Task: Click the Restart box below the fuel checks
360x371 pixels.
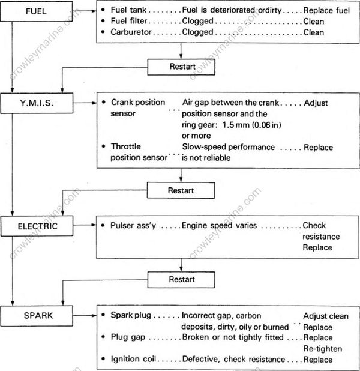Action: click(182, 66)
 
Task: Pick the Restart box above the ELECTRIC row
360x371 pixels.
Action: click(182, 190)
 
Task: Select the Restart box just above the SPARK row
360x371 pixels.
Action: click(182, 279)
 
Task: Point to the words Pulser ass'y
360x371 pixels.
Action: click(134, 226)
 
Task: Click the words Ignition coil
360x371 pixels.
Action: click(133, 359)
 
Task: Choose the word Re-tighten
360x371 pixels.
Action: click(322, 349)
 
